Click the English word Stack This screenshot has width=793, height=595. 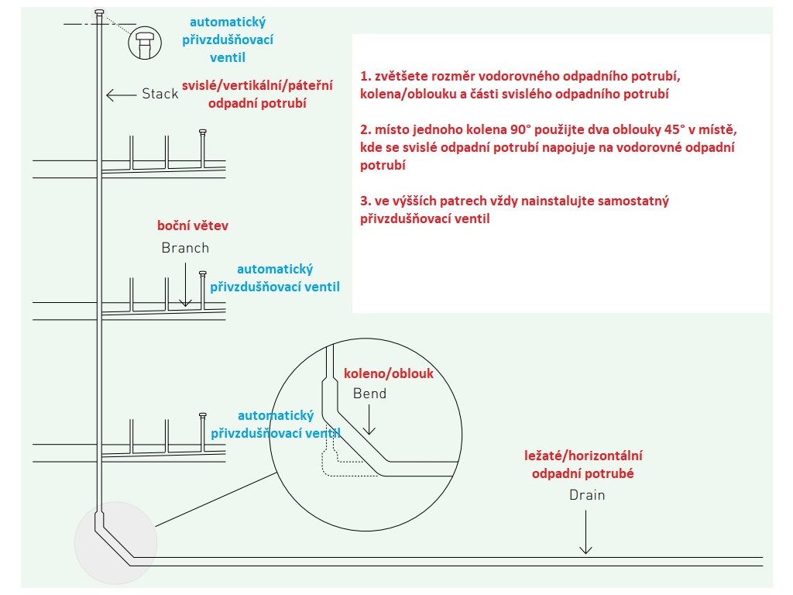point(160,95)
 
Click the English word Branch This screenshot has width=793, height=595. point(185,248)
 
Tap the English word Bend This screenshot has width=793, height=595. point(369,394)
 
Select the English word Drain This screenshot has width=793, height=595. point(587,494)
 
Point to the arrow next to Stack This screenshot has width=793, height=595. point(120,95)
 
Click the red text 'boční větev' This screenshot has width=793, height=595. point(193,226)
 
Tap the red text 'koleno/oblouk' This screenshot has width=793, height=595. point(388,373)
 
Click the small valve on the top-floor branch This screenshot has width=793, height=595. point(203,132)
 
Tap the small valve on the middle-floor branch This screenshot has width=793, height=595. point(203,273)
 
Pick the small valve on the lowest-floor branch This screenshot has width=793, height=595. point(203,415)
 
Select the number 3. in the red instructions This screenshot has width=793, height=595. point(365,201)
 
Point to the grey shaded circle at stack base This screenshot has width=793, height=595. point(115,542)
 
